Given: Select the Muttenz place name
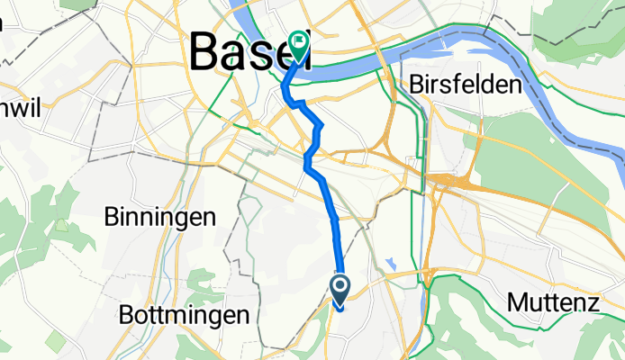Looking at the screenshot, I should [x=553, y=302].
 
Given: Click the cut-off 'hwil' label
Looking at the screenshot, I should [x=18, y=104].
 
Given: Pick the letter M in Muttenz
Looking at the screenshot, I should [x=518, y=302].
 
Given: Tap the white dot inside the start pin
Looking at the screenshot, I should [x=341, y=287].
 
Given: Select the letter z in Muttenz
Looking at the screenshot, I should [x=593, y=303].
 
